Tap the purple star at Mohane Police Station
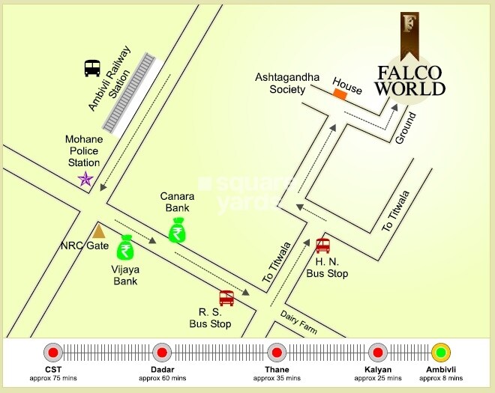(x=86, y=180)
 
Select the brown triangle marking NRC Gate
(x=99, y=231)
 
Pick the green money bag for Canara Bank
(x=177, y=230)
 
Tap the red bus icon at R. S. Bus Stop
(x=226, y=298)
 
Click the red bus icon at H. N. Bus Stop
(x=323, y=246)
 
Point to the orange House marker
(x=340, y=94)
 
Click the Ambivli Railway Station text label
(x=109, y=79)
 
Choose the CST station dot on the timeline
(x=52, y=353)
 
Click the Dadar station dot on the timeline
(x=161, y=353)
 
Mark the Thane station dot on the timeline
(x=276, y=353)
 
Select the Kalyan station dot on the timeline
(x=377, y=353)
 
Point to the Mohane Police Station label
(x=83, y=151)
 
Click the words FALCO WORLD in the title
(x=410, y=80)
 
